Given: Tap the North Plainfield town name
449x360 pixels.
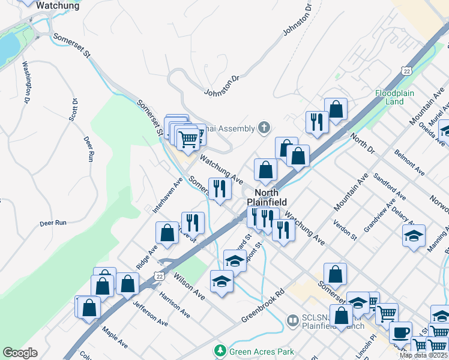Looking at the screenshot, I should pos(267,197).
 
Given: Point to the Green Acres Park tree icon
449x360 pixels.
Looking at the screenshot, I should pos(221,350).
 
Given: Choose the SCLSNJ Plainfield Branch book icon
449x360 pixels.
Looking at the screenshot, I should pos(293,322).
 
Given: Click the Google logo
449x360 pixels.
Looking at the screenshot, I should pos(20,353).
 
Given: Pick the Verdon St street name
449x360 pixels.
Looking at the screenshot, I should pos(346,230).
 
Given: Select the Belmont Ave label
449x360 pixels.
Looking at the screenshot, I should pos(410,163).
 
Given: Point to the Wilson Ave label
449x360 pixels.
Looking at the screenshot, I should pos(189,287).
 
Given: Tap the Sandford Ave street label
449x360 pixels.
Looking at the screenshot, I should pos(390,187).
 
